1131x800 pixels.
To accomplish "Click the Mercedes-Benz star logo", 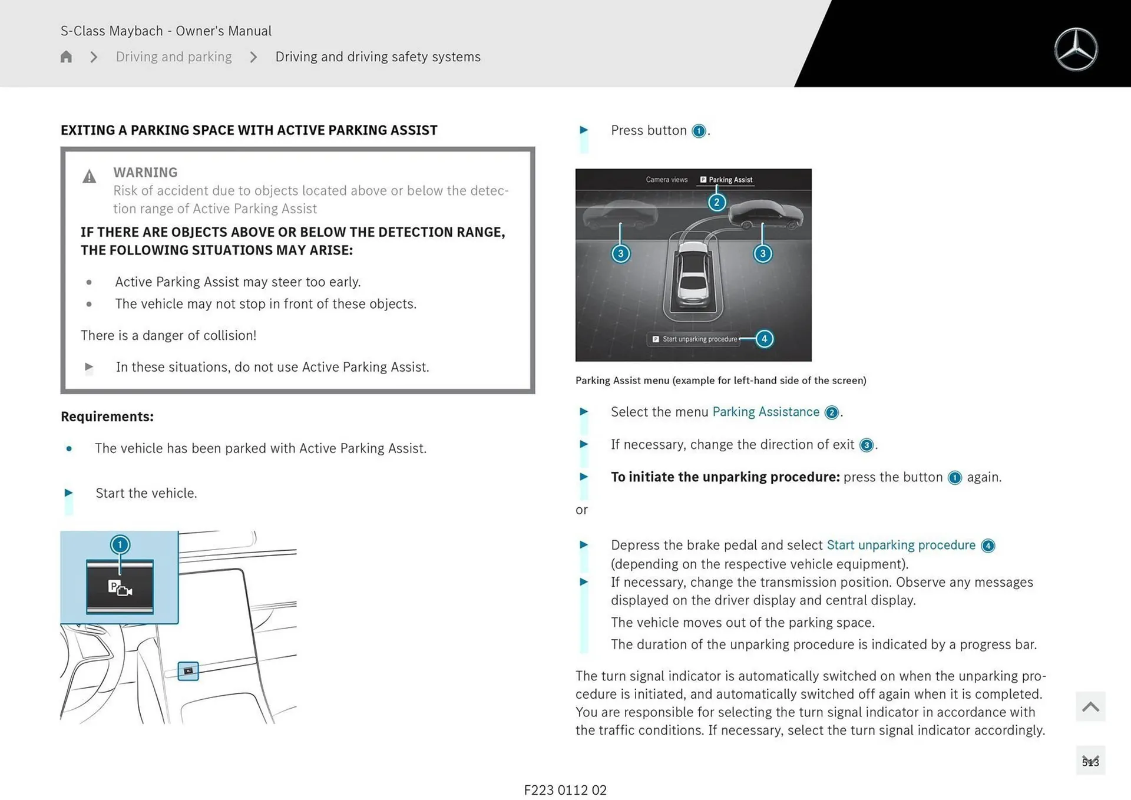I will pos(1076,49).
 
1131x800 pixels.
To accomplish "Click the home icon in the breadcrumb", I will pos(66,57).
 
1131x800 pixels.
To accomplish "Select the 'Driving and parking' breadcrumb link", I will pos(174,57).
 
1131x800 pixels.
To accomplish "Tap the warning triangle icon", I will pos(89,176).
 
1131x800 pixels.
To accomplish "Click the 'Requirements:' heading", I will pos(107,416).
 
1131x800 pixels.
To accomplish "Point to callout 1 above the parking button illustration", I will pos(120,544).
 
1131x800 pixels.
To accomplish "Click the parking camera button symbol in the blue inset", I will pos(120,587).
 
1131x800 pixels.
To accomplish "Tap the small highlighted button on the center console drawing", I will pos(188,671).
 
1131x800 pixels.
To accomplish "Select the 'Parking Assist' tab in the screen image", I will pos(726,180).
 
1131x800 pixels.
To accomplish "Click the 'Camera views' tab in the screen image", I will pos(666,180).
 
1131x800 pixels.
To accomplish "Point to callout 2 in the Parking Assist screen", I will pos(716,203).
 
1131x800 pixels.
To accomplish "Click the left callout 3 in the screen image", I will pos(620,254).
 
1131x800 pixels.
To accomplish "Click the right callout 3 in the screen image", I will pos(763,254).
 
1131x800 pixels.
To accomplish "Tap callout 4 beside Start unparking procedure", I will pos(764,339).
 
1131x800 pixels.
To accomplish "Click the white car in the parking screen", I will pos(693,274).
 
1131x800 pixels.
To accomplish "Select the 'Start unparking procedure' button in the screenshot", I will pos(695,339).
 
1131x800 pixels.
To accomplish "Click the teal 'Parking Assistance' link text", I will pos(766,412).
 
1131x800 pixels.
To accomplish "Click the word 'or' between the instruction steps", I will pos(581,510).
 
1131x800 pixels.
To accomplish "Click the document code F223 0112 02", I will pos(565,790).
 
